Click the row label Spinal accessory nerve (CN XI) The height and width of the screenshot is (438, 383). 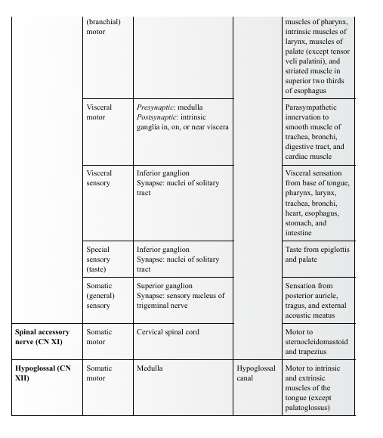[42, 337]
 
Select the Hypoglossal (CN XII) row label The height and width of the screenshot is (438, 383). [42, 373]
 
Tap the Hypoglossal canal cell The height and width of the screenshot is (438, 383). [255, 373]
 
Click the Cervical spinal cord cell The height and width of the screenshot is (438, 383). [168, 332]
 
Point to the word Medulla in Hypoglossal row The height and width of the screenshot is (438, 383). [150, 368]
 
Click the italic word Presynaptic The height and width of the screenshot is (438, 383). [155, 107]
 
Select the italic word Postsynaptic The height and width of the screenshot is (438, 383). [157, 117]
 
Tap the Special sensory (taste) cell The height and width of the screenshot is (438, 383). [98, 259]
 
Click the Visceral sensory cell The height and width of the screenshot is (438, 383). [99, 179]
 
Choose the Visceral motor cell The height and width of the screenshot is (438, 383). [99, 113]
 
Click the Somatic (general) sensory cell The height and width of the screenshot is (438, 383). [99, 296]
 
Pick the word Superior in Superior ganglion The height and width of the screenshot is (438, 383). [152, 286]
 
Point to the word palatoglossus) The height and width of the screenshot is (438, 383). [308, 408]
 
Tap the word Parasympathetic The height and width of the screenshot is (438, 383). [310, 107]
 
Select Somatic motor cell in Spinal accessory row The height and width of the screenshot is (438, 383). [99, 337]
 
